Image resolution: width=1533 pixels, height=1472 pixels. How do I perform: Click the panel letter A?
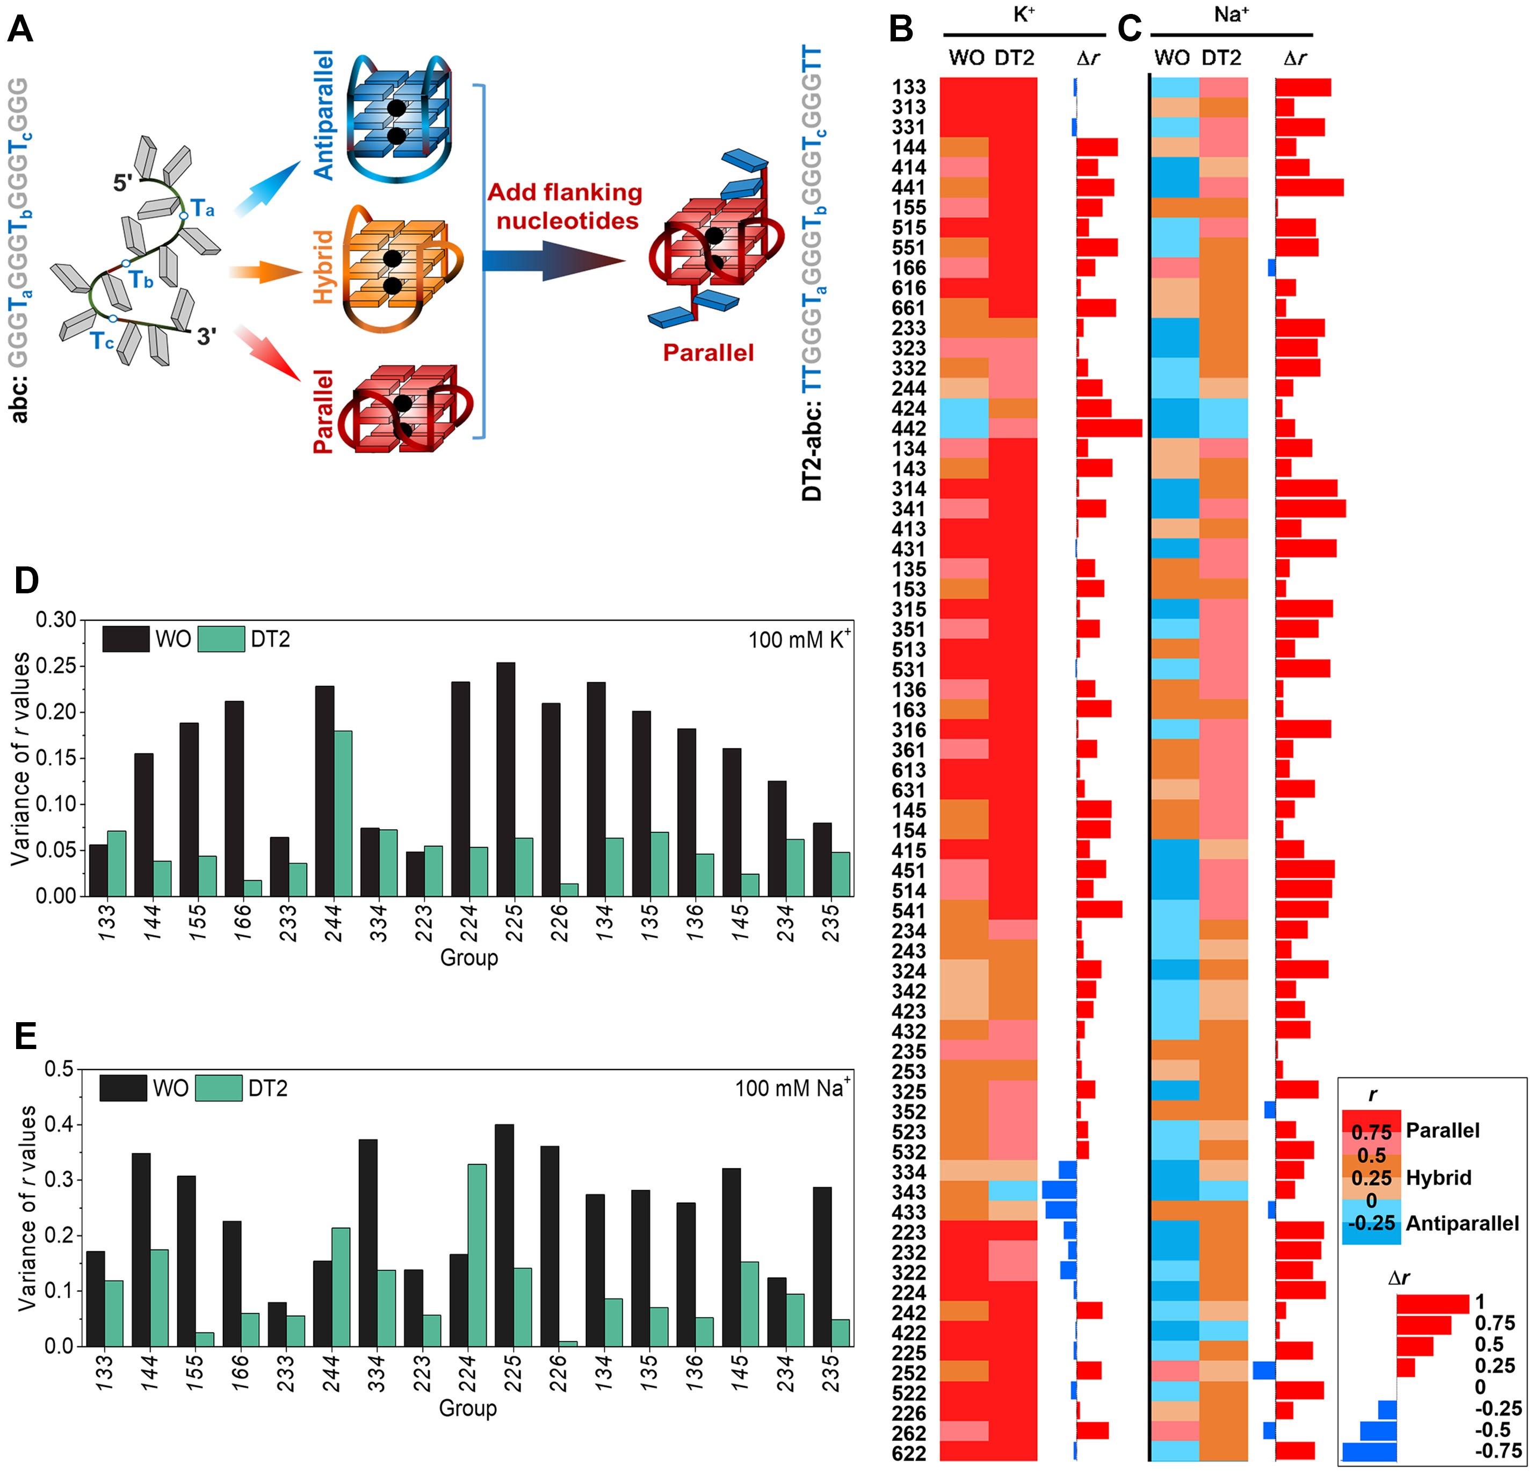(x=20, y=30)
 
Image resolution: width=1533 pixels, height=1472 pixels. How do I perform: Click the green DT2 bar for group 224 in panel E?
(x=477, y=1254)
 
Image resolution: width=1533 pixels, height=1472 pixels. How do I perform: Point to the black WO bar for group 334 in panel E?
(x=367, y=1242)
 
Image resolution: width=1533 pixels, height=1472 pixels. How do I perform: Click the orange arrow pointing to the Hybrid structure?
(x=264, y=271)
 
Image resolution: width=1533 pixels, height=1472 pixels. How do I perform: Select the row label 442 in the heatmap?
(x=909, y=429)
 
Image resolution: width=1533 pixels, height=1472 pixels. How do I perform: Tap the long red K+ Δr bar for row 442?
(x=1109, y=428)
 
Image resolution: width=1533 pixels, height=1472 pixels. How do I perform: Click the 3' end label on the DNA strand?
(x=206, y=336)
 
